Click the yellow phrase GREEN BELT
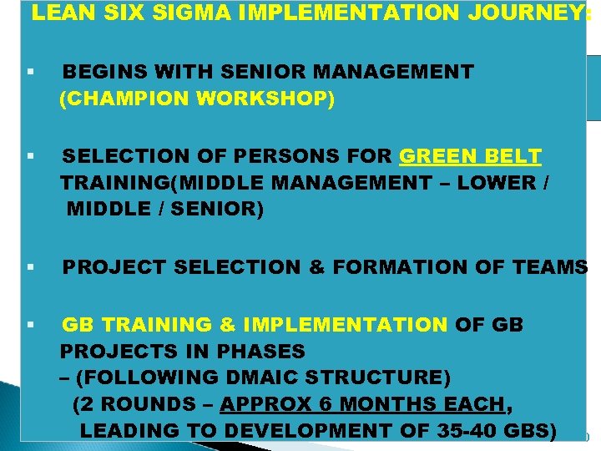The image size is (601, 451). pos(471,156)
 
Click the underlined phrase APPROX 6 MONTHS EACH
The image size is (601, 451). pos(363,404)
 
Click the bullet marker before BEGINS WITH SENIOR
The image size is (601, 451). pos(29,73)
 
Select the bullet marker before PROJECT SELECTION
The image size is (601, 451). pos(29,267)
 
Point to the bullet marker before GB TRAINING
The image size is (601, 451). pos(29,324)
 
